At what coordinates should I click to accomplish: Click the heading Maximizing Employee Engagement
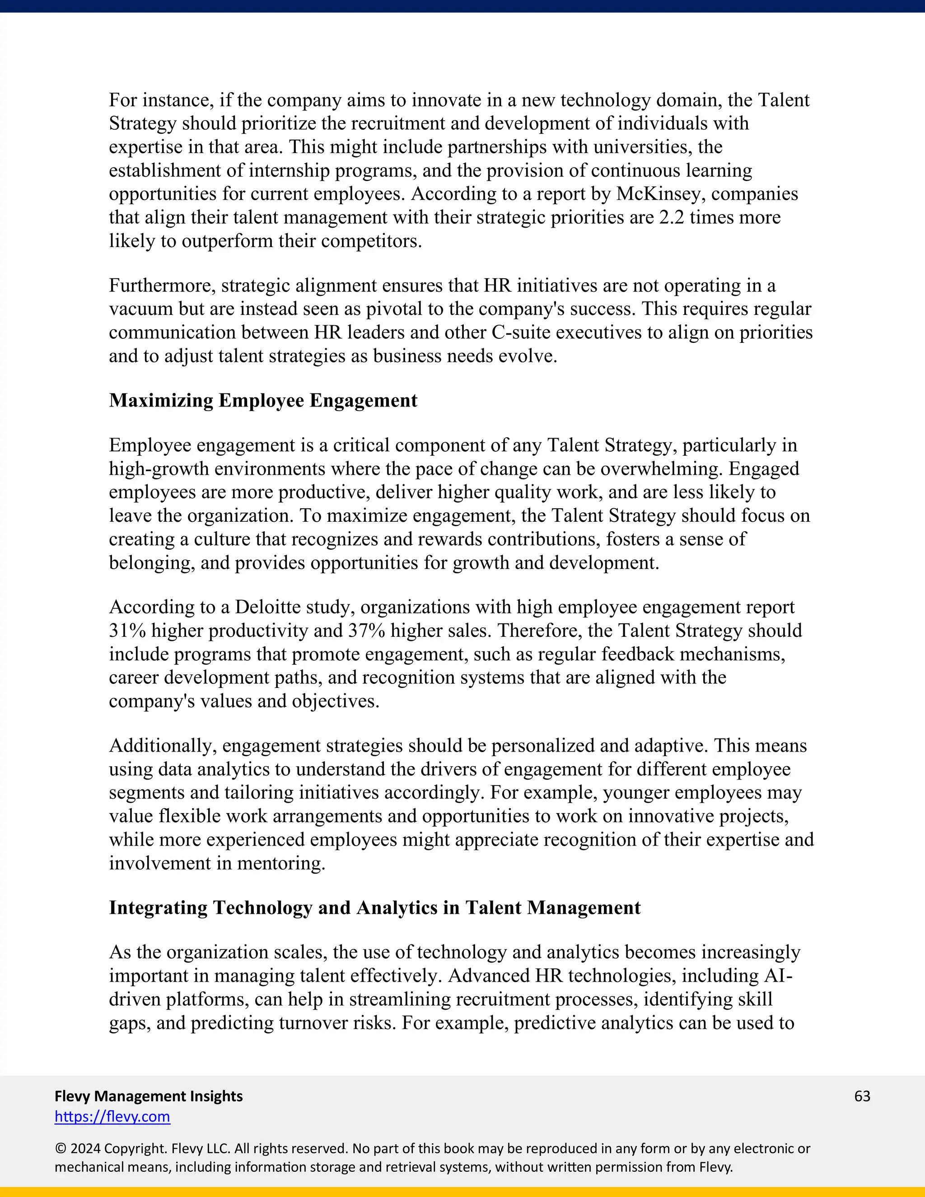[263, 401]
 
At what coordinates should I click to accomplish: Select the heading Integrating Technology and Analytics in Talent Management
[374, 907]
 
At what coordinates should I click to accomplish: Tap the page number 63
[862, 1096]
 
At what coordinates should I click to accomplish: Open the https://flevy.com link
[112, 1117]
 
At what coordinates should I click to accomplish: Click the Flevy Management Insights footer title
[149, 1096]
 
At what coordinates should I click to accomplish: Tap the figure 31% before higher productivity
[127, 631]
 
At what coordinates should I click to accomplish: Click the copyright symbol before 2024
[60, 1149]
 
